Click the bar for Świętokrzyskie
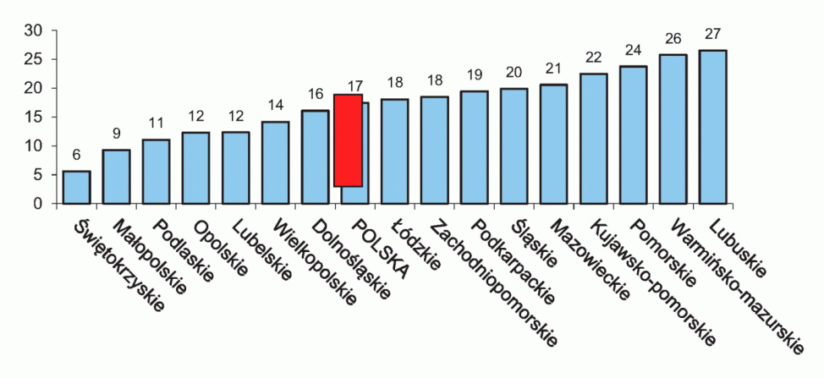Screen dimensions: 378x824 pos(76,187)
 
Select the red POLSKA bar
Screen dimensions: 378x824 pos(348,140)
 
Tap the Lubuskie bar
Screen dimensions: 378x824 pos(713,127)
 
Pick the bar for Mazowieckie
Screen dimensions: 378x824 pos(553,144)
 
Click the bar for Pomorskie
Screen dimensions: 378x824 pos(633,134)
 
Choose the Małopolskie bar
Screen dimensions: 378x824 pos(116,176)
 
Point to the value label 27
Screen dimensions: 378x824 pos(712,36)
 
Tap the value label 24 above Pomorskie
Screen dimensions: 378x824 pos(633,50)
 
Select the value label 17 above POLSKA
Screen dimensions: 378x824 pos(354,86)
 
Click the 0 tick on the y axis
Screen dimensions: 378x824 pos(38,204)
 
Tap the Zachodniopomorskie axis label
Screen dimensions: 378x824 pos(496,284)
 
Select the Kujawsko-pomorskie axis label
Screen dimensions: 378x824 pos(651,283)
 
